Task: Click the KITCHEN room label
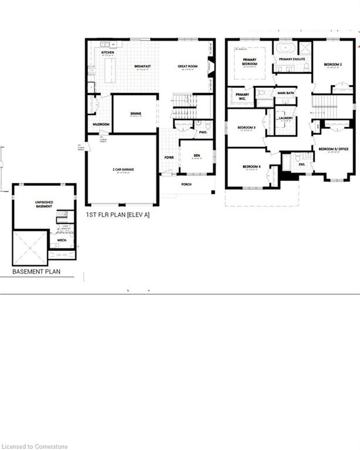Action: pos(107,53)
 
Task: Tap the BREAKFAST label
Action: pos(142,67)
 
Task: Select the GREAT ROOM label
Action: pos(188,67)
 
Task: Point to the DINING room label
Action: pos(135,114)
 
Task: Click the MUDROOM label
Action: pos(101,124)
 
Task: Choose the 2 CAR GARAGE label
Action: pos(124,169)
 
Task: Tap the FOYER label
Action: pos(169,158)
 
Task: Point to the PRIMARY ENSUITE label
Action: pos(291,59)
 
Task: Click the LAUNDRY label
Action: pos(286,118)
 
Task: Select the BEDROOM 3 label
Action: pos(246,127)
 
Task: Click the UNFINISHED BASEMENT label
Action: pos(43,204)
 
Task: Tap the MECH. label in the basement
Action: pos(62,240)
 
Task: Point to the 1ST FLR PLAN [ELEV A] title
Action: pos(118,215)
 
